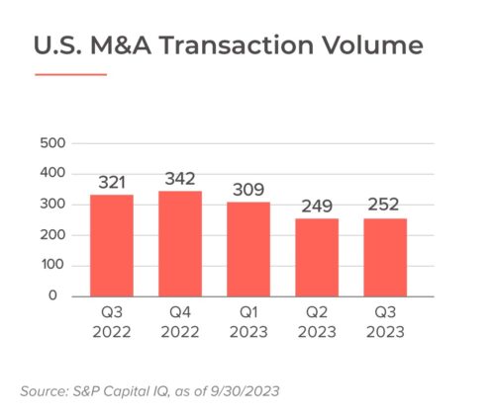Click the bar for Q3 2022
click(112, 246)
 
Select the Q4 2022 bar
click(180, 244)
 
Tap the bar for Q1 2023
click(248, 249)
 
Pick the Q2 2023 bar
click(317, 258)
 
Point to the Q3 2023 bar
click(385, 258)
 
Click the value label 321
click(112, 183)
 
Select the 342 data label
click(180, 179)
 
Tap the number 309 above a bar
click(248, 190)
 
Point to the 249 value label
click(317, 207)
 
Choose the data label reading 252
click(383, 205)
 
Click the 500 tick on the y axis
click(52, 143)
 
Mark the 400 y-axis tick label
click(52, 173)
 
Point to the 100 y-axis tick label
click(52, 265)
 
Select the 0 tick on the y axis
click(52, 295)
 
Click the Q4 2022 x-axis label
click(180, 322)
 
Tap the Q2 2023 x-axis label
click(317, 322)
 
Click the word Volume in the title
click(372, 44)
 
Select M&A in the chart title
click(121, 45)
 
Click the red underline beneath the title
click(70, 75)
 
